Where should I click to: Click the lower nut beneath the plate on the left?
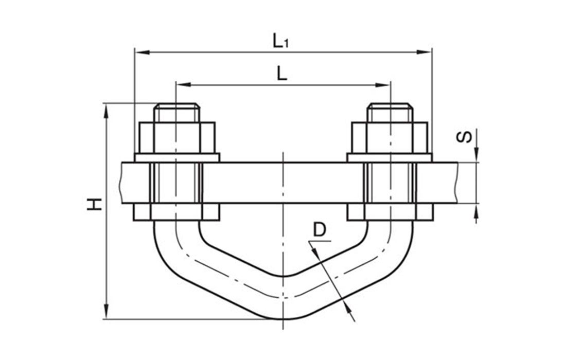[x=177, y=212]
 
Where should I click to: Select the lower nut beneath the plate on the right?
[x=390, y=212]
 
